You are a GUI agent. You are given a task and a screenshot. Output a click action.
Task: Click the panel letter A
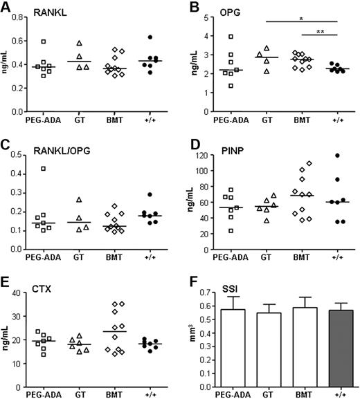point(6,6)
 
